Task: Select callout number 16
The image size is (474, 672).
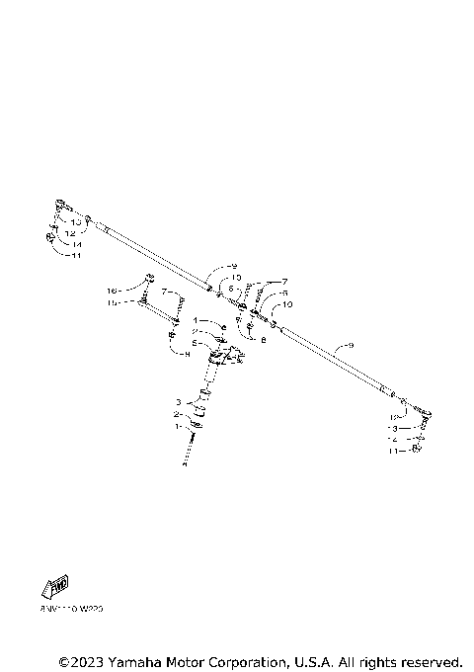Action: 113,291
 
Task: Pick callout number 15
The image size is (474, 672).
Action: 113,302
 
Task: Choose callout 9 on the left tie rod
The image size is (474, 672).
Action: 233,267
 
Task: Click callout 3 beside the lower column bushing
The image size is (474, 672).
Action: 178,402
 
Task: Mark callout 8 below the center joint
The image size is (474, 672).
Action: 264,339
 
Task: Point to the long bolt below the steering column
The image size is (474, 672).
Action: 186,450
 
